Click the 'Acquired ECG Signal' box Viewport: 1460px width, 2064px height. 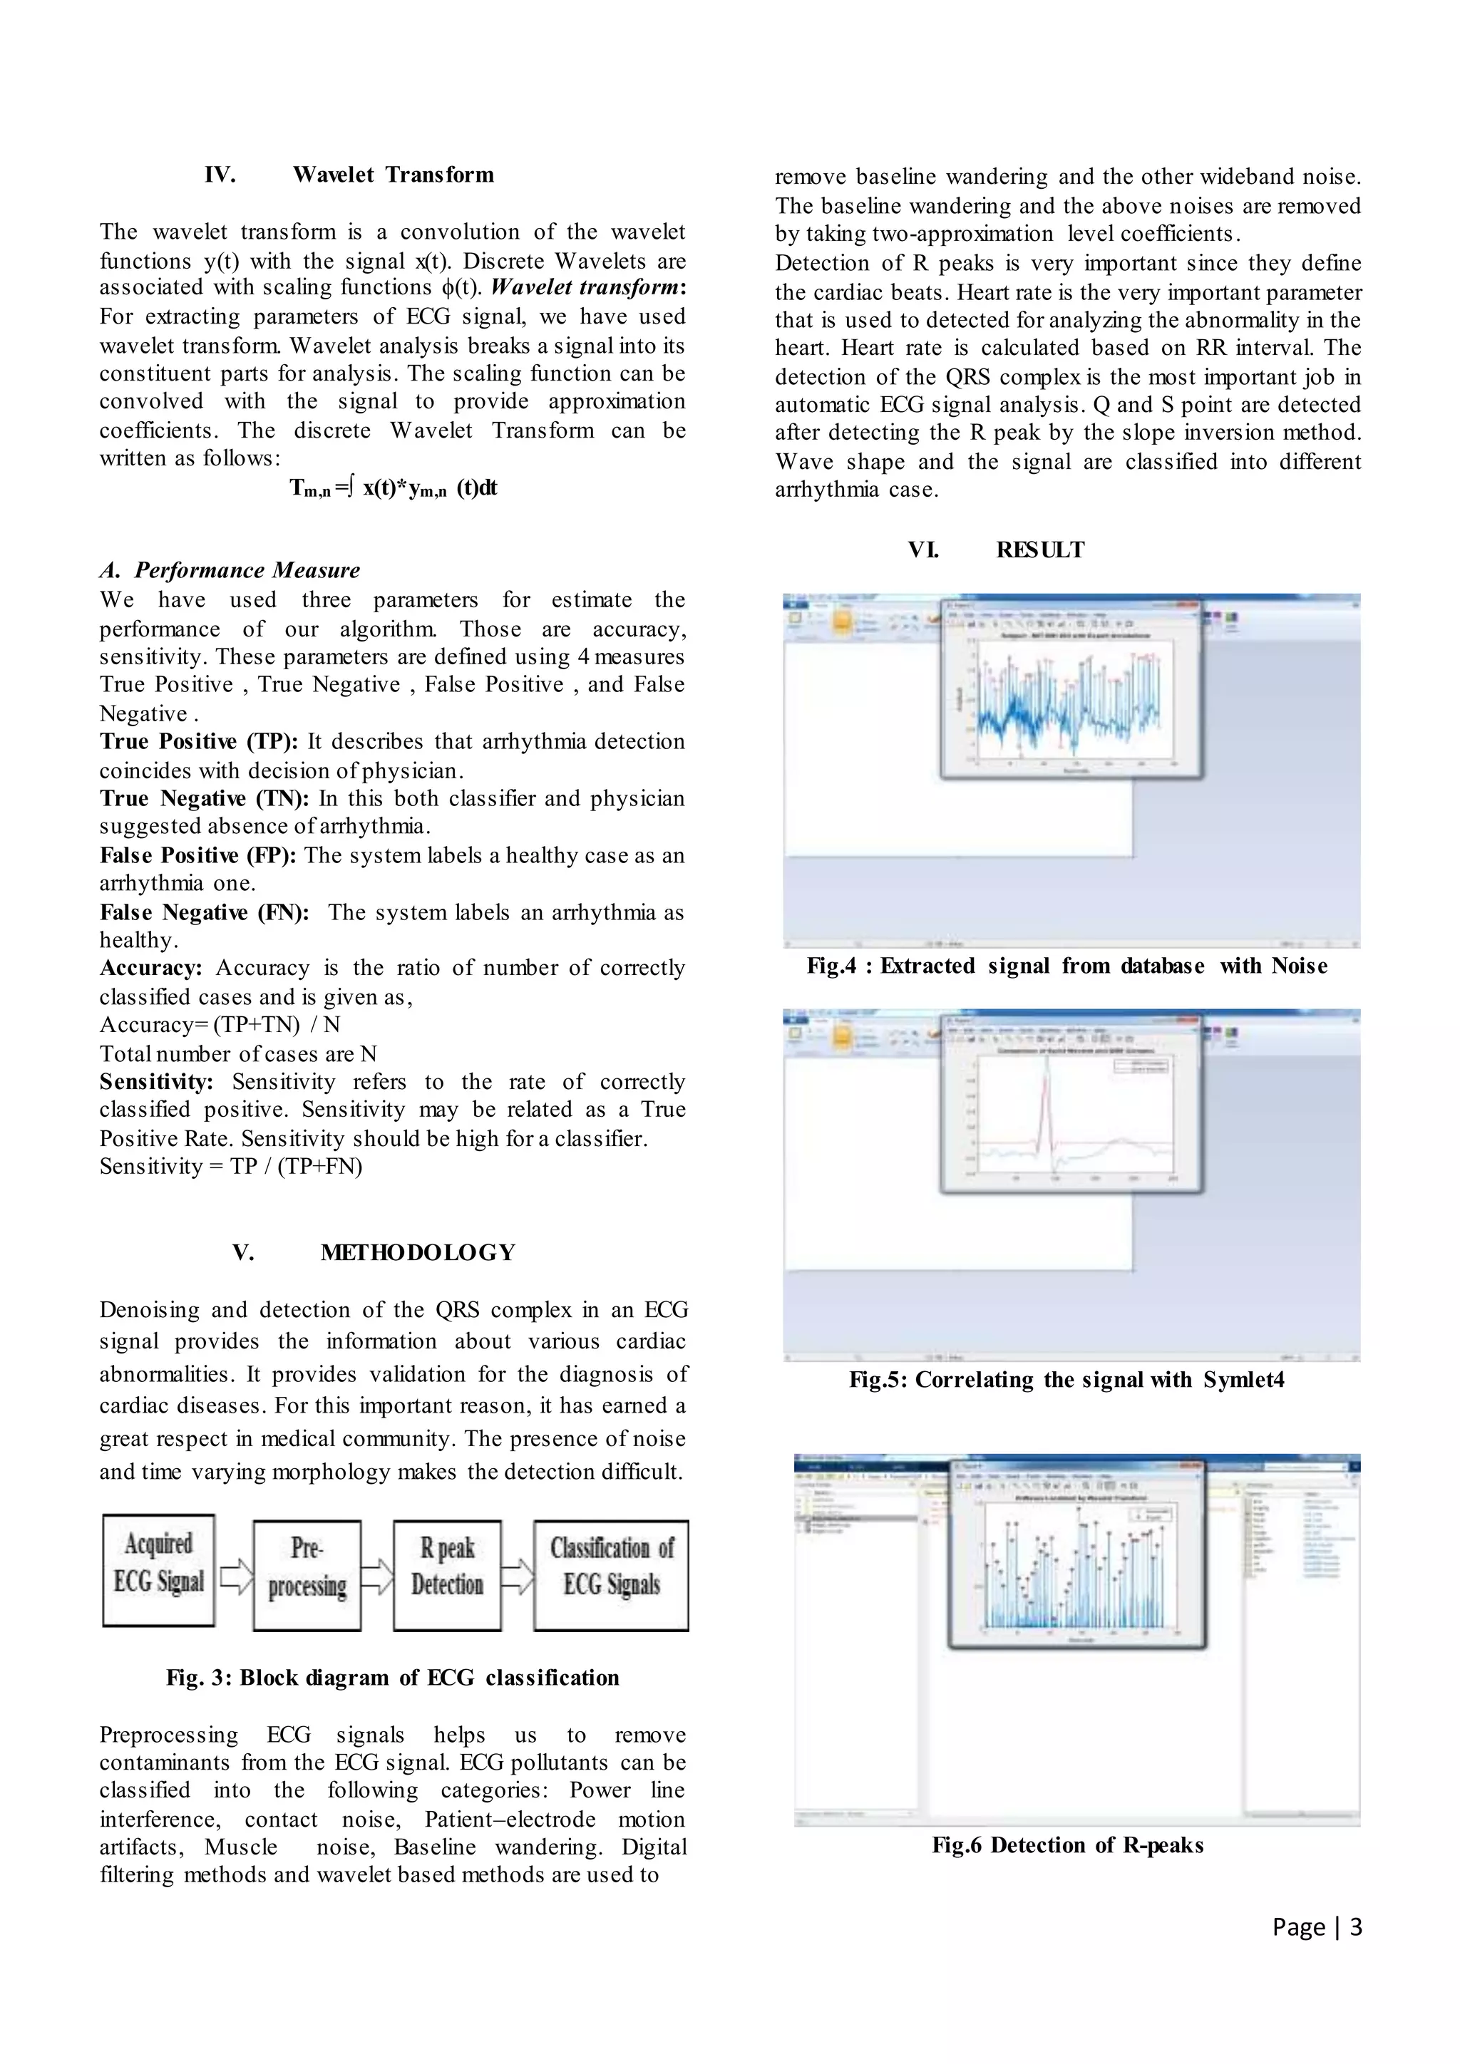pyautogui.click(x=158, y=1569)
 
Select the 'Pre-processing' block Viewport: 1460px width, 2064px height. pyautogui.click(x=307, y=1575)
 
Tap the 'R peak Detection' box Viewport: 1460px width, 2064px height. pyautogui.click(x=447, y=1575)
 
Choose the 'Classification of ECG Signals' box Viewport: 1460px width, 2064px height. pyautogui.click(x=612, y=1575)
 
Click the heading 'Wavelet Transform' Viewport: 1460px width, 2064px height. pyautogui.click(x=393, y=175)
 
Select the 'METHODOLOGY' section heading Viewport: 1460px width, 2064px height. pyautogui.click(x=418, y=1252)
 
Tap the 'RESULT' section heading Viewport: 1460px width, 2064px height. pyautogui.click(x=1040, y=549)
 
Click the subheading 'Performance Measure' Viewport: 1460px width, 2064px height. pyautogui.click(x=247, y=570)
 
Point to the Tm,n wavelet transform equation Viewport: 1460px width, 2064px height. pyautogui.click(x=393, y=488)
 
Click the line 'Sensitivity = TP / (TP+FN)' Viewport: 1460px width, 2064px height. pyautogui.click(x=231, y=1166)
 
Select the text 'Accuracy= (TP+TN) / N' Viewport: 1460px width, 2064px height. pyautogui.click(x=220, y=1025)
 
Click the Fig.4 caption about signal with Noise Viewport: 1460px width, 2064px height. pyautogui.click(x=1067, y=966)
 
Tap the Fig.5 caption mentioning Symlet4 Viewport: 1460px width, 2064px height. pyautogui.click(x=1067, y=1379)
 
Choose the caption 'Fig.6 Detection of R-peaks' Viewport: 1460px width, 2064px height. pyautogui.click(x=1067, y=1844)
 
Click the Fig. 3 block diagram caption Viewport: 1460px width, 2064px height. pyautogui.click(x=393, y=1678)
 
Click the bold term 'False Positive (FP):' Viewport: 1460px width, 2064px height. pyautogui.click(x=197, y=855)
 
